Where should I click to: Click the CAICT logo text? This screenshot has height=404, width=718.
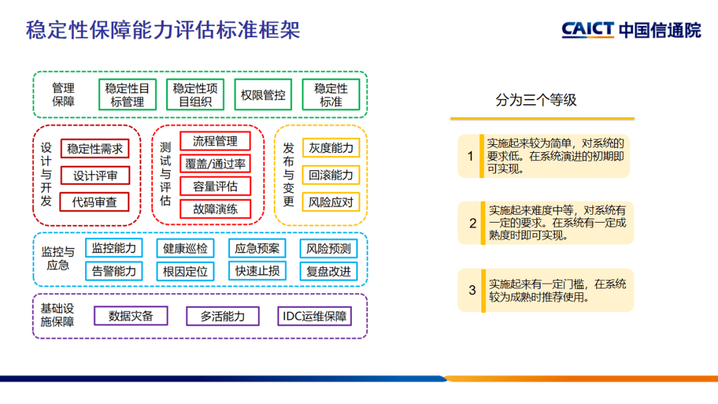tap(588, 30)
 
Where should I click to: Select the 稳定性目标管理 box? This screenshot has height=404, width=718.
tap(127, 95)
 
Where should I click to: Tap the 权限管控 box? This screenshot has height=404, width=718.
tap(263, 95)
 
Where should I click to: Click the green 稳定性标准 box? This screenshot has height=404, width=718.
tap(330, 95)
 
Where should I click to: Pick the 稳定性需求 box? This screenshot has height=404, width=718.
tap(94, 148)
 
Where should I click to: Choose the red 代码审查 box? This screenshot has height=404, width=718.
tap(94, 202)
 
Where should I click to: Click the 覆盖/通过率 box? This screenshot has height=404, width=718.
tap(215, 163)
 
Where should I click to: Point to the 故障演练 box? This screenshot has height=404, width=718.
tap(215, 209)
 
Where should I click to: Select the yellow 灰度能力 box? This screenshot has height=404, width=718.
tap(330, 148)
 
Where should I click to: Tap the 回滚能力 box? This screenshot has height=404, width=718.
tap(330, 175)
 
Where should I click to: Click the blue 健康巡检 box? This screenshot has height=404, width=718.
tap(185, 249)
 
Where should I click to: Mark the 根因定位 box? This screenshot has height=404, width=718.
tap(185, 271)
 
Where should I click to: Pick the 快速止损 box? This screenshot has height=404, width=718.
tap(257, 271)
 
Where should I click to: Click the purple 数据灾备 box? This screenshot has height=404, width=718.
tap(130, 316)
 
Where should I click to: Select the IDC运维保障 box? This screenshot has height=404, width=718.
tap(314, 316)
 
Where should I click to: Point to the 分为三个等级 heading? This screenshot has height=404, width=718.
tap(536, 100)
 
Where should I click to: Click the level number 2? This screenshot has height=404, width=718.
tap(473, 223)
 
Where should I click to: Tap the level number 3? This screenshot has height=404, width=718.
tap(473, 290)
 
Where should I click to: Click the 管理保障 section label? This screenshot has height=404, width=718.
tap(63, 94)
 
